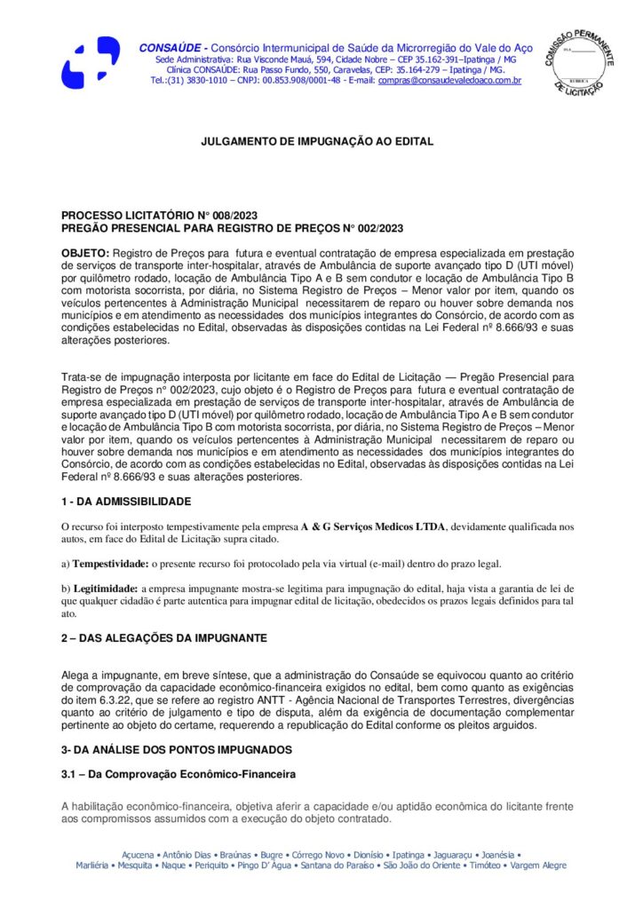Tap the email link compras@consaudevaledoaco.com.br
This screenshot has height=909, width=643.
coord(449,81)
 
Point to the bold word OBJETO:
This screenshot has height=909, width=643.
coord(85,253)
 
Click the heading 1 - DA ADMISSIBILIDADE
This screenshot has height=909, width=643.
coord(125,502)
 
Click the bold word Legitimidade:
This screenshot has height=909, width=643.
coord(105,589)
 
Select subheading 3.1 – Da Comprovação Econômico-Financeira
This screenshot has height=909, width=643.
coord(178,775)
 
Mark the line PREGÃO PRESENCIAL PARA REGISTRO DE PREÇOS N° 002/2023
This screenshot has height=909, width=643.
coord(232,227)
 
